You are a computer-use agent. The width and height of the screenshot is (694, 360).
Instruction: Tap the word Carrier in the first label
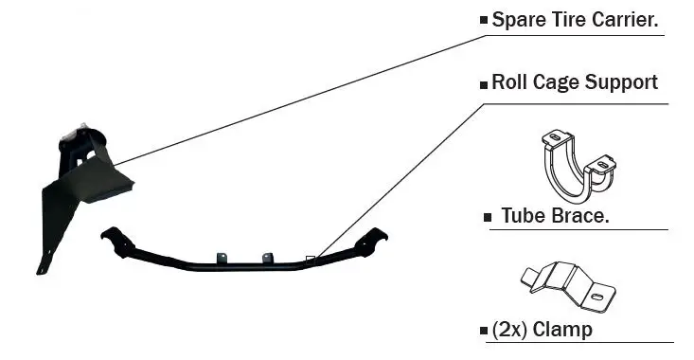[626, 19]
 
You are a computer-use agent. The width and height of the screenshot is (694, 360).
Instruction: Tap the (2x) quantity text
[510, 330]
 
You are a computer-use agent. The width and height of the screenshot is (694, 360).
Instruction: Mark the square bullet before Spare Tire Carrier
[484, 20]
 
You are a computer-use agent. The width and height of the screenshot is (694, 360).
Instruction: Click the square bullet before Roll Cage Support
[484, 83]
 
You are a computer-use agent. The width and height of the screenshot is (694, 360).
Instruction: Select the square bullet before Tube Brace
[488, 218]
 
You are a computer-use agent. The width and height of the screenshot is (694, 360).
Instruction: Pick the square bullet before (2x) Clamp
[484, 332]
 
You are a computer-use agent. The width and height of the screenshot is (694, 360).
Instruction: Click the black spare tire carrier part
[80, 180]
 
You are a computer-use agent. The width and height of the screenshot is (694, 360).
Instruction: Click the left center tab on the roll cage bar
[222, 257]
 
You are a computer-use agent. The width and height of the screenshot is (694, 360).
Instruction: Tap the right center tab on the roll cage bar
[267, 258]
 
